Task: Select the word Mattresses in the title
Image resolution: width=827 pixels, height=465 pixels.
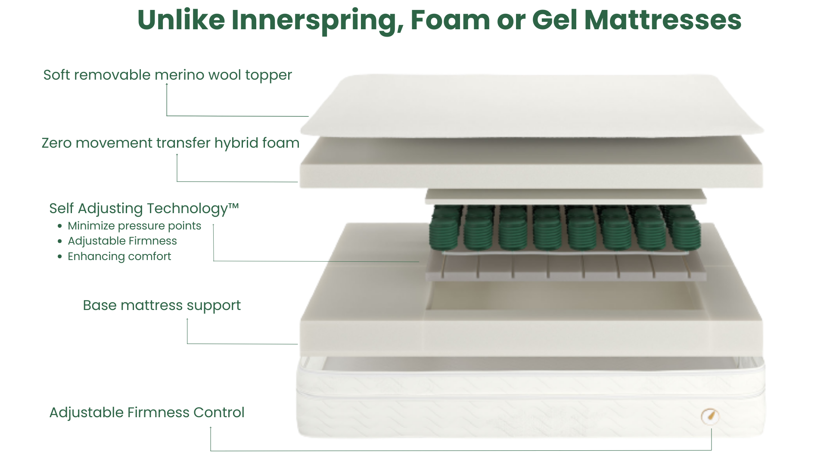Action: click(663, 20)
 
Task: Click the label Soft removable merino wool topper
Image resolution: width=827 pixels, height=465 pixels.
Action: click(168, 75)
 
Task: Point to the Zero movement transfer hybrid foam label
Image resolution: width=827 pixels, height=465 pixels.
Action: click(171, 143)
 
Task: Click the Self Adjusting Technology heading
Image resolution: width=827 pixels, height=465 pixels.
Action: click(144, 209)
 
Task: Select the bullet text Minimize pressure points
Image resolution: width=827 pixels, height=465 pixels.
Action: click(134, 226)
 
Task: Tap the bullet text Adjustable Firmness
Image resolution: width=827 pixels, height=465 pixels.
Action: click(122, 241)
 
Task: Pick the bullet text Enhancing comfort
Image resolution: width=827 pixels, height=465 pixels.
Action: click(119, 257)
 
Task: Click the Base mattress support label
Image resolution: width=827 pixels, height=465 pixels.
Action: click(162, 306)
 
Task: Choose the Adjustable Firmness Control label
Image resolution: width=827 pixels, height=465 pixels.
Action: click(147, 412)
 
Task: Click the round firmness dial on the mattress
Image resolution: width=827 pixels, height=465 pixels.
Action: click(710, 416)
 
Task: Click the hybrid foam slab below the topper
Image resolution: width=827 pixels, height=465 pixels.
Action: click(531, 163)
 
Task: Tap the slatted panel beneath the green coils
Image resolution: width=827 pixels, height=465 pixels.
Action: click(566, 267)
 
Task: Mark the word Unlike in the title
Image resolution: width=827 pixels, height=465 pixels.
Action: click(181, 20)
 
